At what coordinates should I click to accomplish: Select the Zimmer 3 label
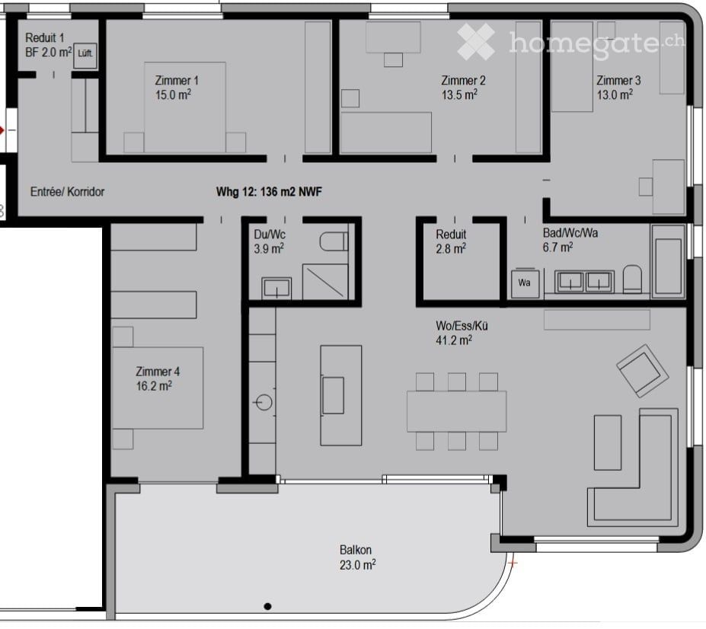618,81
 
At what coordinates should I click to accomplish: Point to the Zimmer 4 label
158,372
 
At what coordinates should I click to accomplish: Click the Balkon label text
356,550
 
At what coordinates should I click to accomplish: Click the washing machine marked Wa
524,282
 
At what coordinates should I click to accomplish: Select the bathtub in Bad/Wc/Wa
669,266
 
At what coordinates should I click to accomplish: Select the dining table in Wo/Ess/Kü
456,411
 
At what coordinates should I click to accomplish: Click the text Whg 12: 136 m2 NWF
269,192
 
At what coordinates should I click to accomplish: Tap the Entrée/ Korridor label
67,192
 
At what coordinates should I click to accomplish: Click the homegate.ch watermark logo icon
475,42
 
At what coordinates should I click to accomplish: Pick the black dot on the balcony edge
267,607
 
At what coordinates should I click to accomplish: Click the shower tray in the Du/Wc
325,281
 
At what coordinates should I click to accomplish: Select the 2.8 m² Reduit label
452,241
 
